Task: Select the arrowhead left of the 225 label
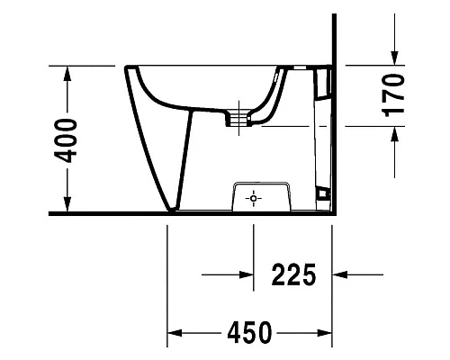(x=244, y=274)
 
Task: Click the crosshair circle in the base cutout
(x=254, y=198)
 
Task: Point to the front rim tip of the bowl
(x=128, y=68)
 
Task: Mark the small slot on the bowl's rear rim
(x=296, y=68)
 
